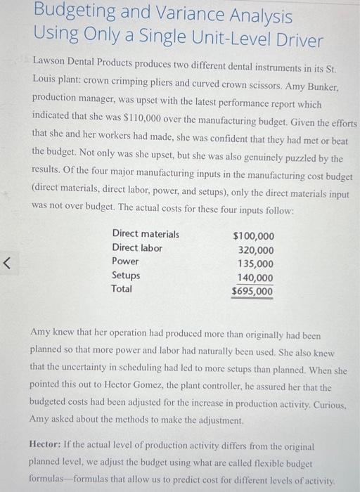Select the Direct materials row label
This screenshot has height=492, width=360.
(x=146, y=234)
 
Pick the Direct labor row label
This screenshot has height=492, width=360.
(x=137, y=247)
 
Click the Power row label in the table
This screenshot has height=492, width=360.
(x=125, y=261)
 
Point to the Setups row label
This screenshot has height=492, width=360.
(x=126, y=275)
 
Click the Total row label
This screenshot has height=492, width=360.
(x=122, y=288)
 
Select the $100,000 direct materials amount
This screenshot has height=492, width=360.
(x=253, y=237)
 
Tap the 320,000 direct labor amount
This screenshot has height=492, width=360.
(x=256, y=250)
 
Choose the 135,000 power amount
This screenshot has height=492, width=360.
(x=256, y=264)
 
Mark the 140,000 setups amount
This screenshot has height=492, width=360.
(x=256, y=278)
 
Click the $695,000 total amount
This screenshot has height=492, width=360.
(x=253, y=291)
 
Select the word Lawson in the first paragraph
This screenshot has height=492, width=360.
(x=51, y=62)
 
